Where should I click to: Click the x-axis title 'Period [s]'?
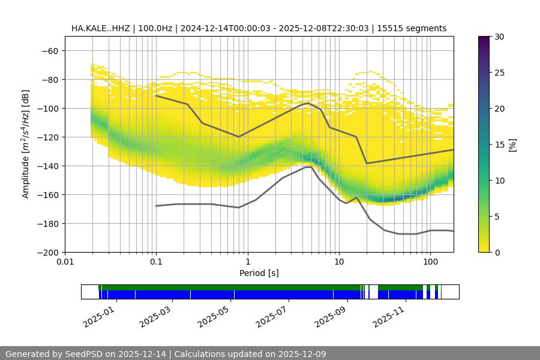coord(259,273)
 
